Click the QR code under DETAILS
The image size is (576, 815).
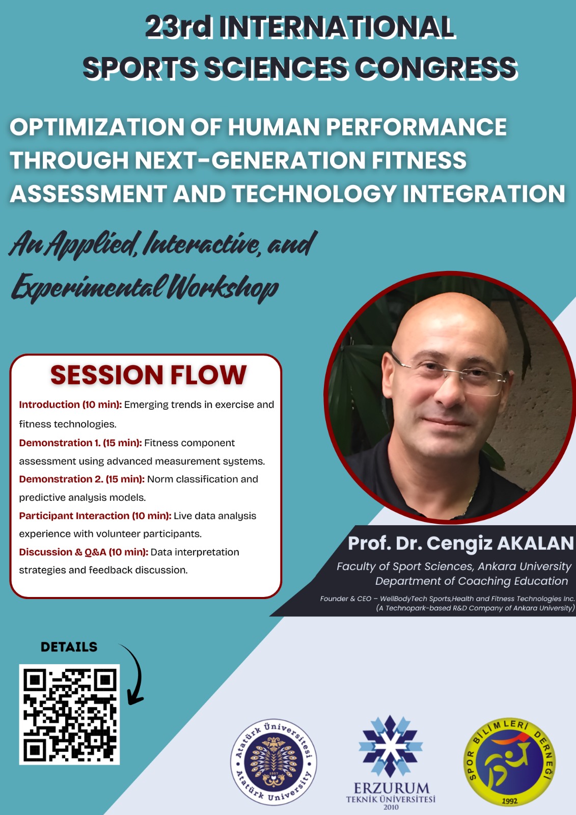(x=69, y=714)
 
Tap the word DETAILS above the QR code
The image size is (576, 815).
(x=69, y=647)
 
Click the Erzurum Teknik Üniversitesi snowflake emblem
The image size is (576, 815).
(x=390, y=746)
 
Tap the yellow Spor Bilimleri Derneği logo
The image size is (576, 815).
(x=509, y=762)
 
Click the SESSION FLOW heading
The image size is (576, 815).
(x=148, y=375)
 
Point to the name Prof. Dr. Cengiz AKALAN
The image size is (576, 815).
(x=460, y=543)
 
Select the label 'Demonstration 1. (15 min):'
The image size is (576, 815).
(x=80, y=443)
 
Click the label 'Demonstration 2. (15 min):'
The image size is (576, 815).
(x=82, y=479)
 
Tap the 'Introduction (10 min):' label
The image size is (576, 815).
(x=70, y=404)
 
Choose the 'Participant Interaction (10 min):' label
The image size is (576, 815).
(x=95, y=515)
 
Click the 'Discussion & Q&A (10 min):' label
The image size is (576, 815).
(x=84, y=552)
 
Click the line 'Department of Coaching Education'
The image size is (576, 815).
(x=471, y=581)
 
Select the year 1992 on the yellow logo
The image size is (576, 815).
(x=509, y=801)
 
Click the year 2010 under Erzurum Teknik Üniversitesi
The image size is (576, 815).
(x=391, y=807)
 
